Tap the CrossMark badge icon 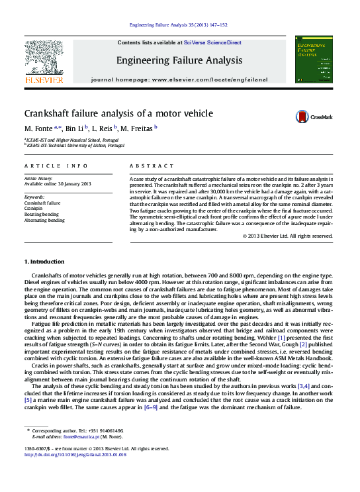pos(302,116)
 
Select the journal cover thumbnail pos(314,60)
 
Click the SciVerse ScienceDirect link pos(212,42)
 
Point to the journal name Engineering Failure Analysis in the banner pos(179,61)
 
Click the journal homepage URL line pos(179,79)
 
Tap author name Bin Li pos(75,128)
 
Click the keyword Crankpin pos(34,209)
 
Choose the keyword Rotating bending pos(41,214)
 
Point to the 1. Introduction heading pos(44,262)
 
